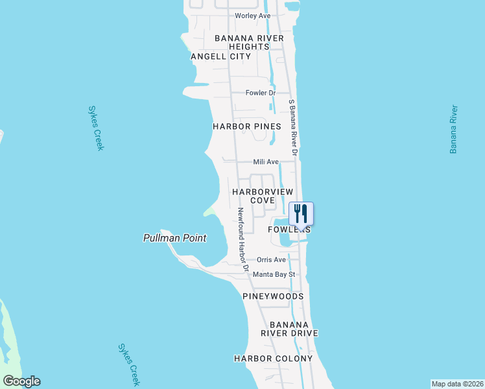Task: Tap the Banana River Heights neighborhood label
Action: click(249, 42)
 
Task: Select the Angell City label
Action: click(220, 56)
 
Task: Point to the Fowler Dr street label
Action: click(261, 93)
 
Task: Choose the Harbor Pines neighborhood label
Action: click(247, 126)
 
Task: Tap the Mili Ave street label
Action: click(266, 161)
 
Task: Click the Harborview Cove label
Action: click(263, 196)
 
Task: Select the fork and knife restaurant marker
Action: click(301, 213)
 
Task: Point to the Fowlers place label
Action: click(290, 230)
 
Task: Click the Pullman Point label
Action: click(174, 238)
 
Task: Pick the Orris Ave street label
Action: click(271, 259)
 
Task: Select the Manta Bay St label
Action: click(274, 274)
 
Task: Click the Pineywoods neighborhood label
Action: click(273, 296)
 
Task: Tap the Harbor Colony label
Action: click(273, 359)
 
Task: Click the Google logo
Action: click(21, 381)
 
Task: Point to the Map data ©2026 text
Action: click(457, 383)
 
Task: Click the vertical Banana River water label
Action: click(454, 130)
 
